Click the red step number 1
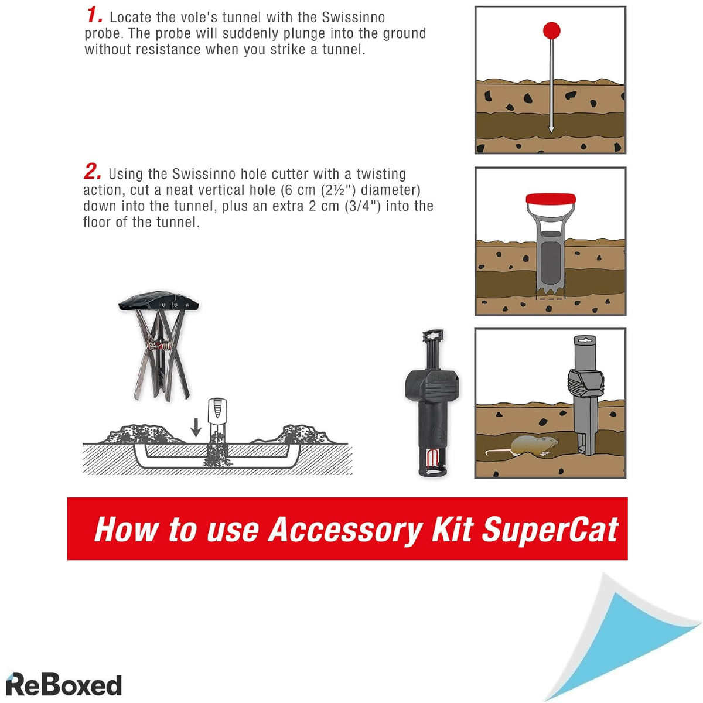pyautogui.click(x=94, y=16)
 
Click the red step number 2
pyautogui.click(x=93, y=172)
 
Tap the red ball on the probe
pyautogui.click(x=551, y=30)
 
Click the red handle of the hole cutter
pyautogui.click(x=551, y=199)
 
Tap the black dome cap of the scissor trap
pyautogui.click(x=158, y=302)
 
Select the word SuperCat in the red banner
pyautogui.click(x=550, y=530)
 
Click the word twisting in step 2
pyautogui.click(x=381, y=174)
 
